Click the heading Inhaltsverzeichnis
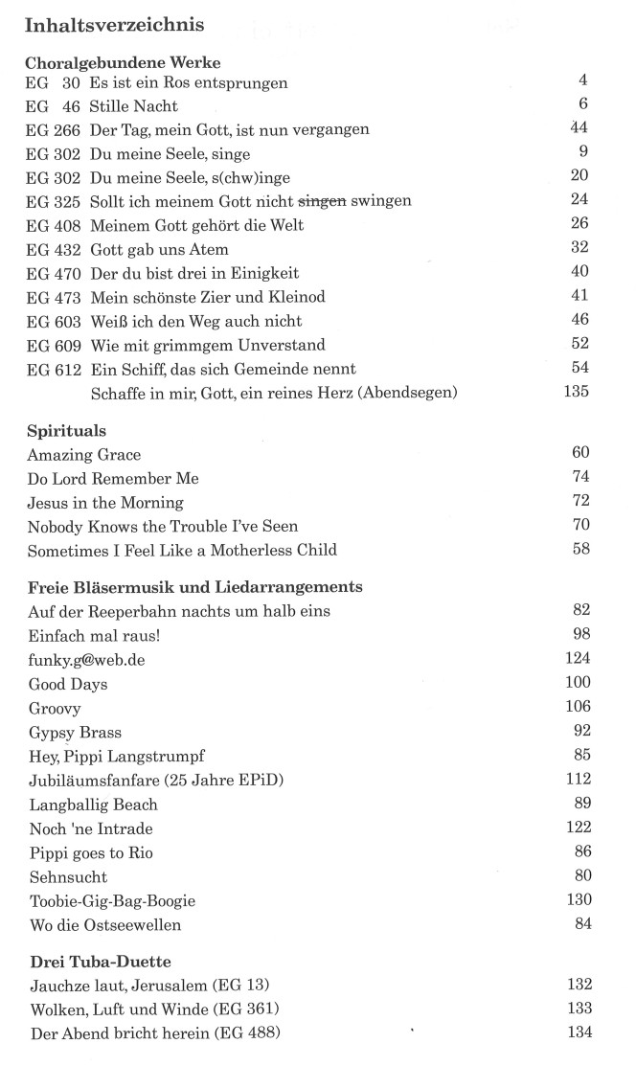click(115, 25)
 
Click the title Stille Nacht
click(134, 106)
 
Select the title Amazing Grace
click(84, 454)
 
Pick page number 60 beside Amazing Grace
click(580, 453)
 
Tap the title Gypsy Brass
click(75, 733)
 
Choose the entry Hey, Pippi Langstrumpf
click(116, 757)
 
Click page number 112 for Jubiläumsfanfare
click(579, 780)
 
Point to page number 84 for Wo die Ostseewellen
click(582, 924)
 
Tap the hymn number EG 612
click(54, 369)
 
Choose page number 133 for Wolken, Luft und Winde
click(579, 1008)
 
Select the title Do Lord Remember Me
click(113, 478)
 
